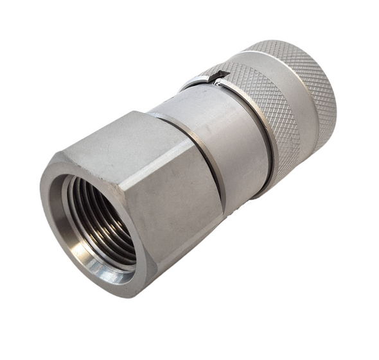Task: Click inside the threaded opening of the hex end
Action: click(x=103, y=221)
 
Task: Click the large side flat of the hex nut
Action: click(x=180, y=193)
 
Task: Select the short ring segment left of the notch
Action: click(x=196, y=81)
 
